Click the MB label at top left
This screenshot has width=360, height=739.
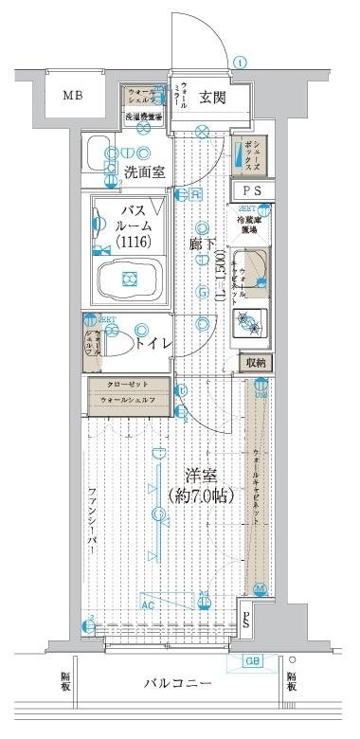coord(73,96)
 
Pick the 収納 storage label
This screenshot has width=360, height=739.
coord(256,363)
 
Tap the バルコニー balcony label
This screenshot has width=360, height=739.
coord(178,685)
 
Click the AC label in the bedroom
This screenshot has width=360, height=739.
coord(148,602)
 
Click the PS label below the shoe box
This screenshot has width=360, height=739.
coord(254,190)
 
